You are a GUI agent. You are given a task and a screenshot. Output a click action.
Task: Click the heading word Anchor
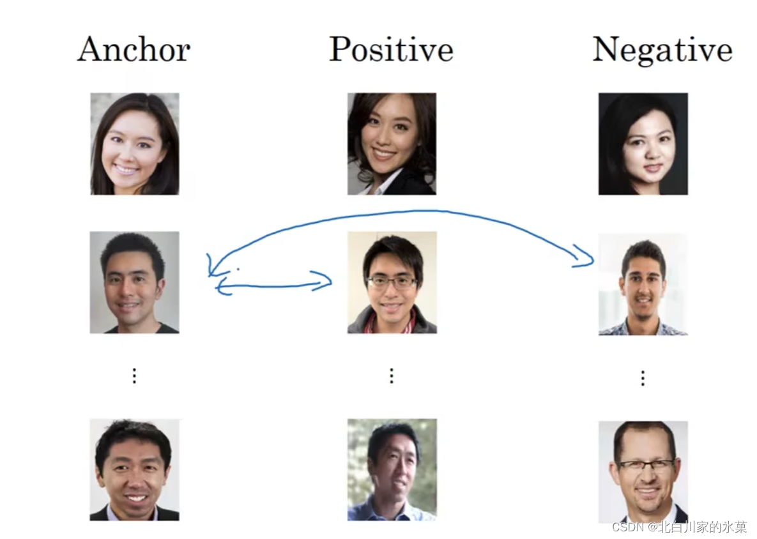pyautogui.click(x=134, y=49)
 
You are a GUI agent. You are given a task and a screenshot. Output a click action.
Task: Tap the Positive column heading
pyautogui.click(x=391, y=49)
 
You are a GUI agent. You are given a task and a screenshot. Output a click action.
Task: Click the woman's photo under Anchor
pyautogui.click(x=134, y=144)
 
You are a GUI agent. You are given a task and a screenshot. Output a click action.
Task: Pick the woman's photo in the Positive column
pyautogui.click(x=392, y=144)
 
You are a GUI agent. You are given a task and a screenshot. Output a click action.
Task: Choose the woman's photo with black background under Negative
pyautogui.click(x=643, y=144)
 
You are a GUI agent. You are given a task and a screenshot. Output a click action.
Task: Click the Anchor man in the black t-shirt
pyautogui.click(x=134, y=282)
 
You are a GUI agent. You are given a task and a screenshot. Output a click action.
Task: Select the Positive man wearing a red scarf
pyautogui.click(x=392, y=282)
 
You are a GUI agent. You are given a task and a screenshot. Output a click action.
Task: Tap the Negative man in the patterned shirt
pyautogui.click(x=643, y=284)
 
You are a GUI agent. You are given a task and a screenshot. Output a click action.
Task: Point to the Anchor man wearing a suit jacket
pyautogui.click(x=134, y=469)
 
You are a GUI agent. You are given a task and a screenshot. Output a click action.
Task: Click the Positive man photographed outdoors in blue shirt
pyautogui.click(x=392, y=469)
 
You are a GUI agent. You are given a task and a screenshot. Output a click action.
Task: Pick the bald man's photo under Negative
pyautogui.click(x=643, y=471)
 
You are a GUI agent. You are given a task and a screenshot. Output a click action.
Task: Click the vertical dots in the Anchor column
pyautogui.click(x=134, y=376)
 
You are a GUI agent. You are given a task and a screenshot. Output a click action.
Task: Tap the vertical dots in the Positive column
pyautogui.click(x=392, y=376)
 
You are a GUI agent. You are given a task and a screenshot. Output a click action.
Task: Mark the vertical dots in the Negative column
pyautogui.click(x=643, y=378)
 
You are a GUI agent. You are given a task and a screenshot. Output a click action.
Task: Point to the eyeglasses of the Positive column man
pyautogui.click(x=392, y=282)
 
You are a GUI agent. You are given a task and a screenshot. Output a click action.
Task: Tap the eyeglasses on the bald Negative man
pyautogui.click(x=645, y=466)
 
